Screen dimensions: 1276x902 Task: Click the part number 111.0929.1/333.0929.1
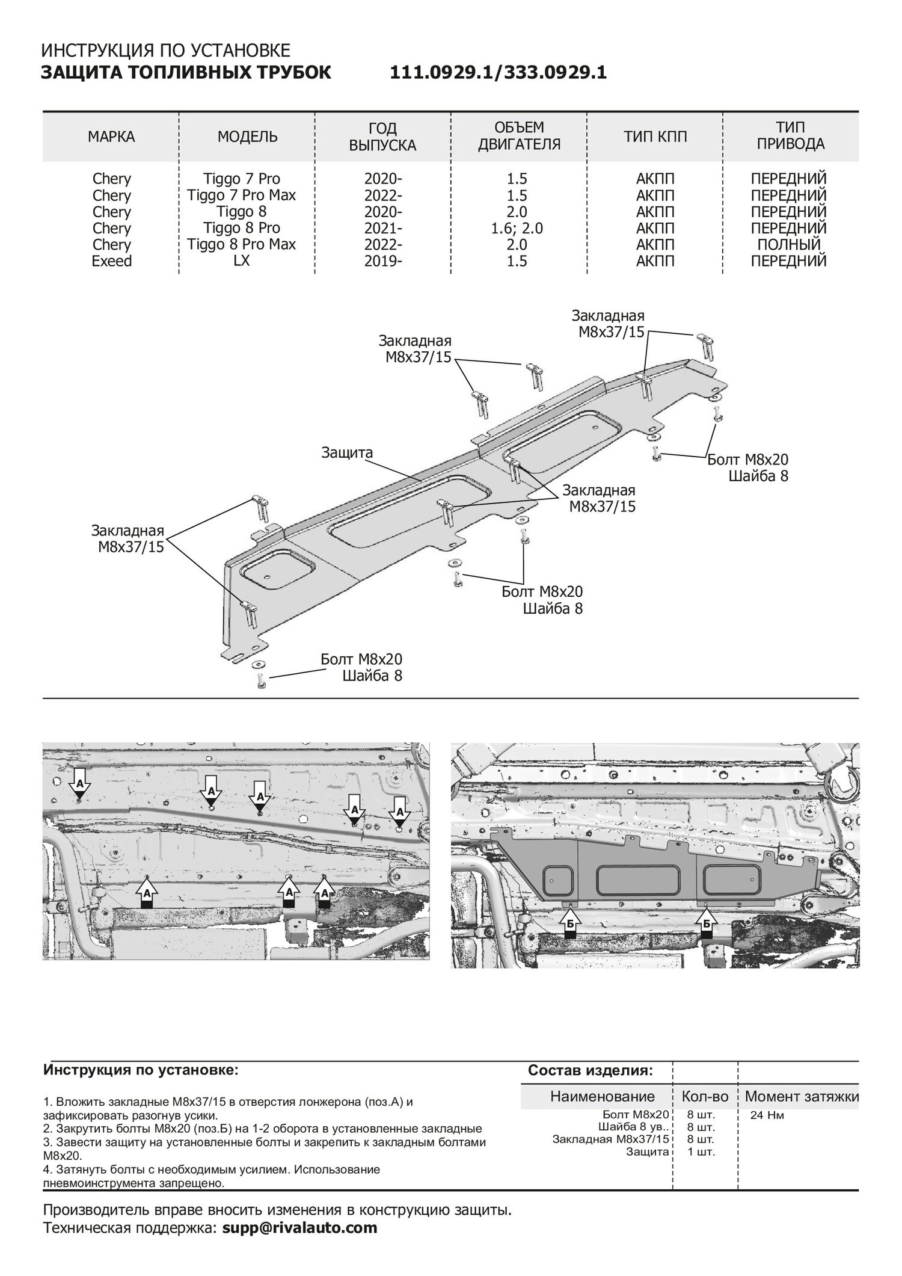point(499,73)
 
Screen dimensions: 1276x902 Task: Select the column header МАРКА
point(111,137)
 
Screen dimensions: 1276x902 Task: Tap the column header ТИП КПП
point(655,137)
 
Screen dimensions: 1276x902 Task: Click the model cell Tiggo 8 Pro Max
point(241,244)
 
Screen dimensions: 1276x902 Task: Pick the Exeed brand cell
point(111,261)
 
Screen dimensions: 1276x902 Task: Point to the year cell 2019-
point(383,261)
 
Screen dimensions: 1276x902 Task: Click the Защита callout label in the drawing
point(347,452)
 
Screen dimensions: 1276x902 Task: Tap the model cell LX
point(241,261)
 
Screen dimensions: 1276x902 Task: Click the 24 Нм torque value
point(767,1115)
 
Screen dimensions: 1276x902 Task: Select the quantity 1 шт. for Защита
point(701,1151)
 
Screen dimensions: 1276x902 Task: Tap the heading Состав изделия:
point(591,1070)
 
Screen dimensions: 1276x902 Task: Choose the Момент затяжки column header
point(801,1096)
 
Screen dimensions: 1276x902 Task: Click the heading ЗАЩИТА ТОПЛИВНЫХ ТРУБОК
point(186,73)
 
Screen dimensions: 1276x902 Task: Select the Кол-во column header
point(705,1096)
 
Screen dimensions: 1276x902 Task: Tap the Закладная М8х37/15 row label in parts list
point(610,1139)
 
